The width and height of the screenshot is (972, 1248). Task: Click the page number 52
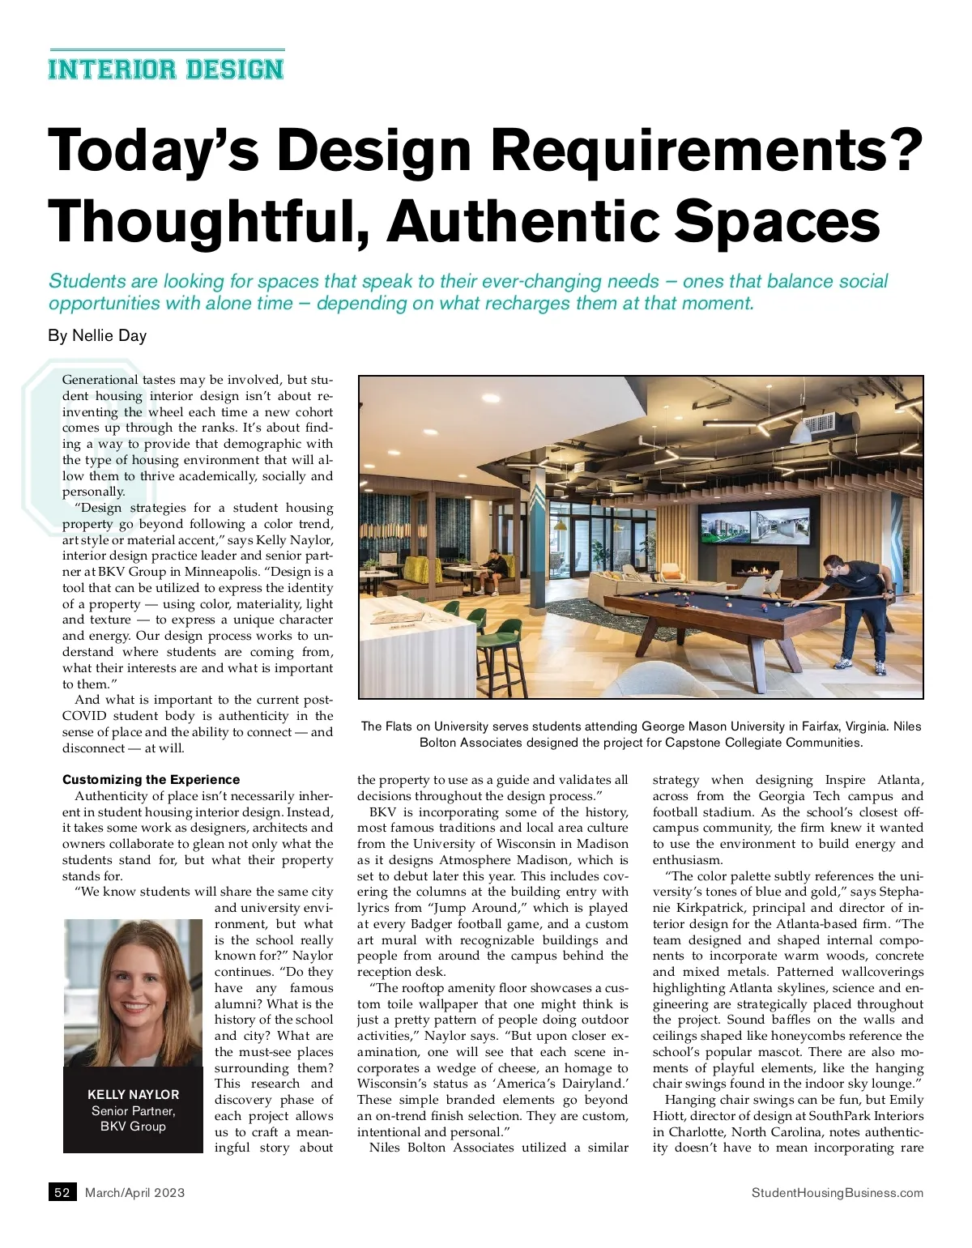(62, 1192)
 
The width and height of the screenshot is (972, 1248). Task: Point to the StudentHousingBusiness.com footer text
(837, 1192)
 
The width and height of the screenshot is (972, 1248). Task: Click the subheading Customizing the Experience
(151, 780)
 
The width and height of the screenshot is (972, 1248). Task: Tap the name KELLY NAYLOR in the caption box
(133, 1094)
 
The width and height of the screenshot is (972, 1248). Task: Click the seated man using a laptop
(492, 567)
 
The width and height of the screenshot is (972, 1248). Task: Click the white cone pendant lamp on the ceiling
(800, 429)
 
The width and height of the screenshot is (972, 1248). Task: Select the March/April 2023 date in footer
(134, 1192)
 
